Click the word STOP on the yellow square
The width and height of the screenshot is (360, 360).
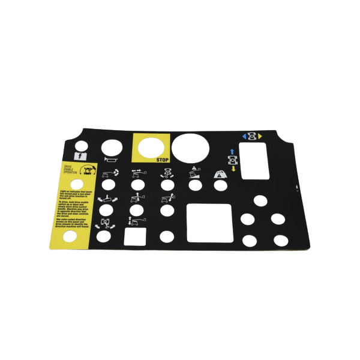coord(162,160)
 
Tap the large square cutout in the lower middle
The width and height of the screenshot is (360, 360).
coord(209,223)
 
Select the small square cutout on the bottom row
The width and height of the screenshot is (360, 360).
coord(134,236)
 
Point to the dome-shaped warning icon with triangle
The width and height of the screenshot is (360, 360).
coord(220,173)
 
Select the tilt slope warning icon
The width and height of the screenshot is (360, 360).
coord(194,173)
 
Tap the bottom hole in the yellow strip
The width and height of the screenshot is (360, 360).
coord(70,236)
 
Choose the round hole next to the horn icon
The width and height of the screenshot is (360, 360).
coord(111,147)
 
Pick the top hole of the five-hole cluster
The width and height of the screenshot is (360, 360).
coord(260,200)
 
